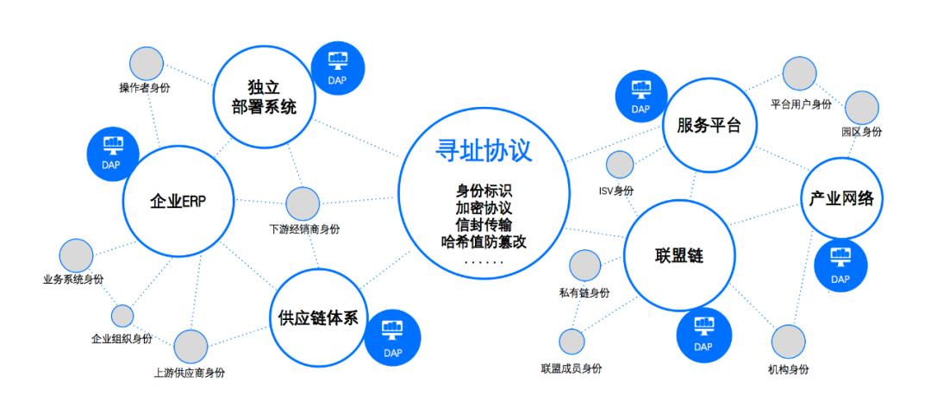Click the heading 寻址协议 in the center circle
coord(484,151)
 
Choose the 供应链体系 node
coord(318,317)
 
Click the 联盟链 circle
coord(679,254)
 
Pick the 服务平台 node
coord(709,126)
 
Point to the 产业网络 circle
coord(841,198)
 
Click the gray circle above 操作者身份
coord(146,62)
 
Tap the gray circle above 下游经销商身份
coord(303,204)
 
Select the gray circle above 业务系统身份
coord(76,256)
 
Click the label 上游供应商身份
coord(190,373)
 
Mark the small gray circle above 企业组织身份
coord(122,316)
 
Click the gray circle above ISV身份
coord(620,165)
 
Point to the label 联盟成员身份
coord(572,369)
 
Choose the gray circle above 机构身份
coord(789,342)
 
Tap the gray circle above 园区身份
coord(861,108)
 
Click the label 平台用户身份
coord(801,104)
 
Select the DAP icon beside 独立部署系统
coord(338,67)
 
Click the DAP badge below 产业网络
coord(840,265)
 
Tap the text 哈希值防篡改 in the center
coord(484,242)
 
